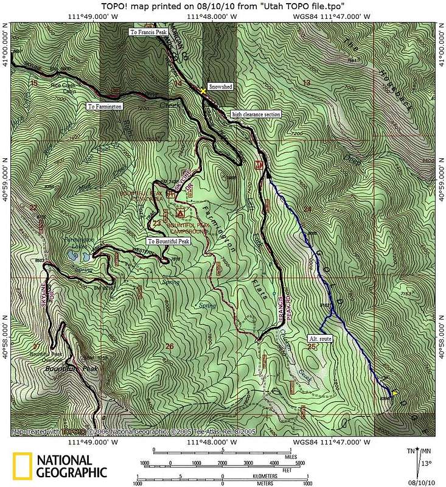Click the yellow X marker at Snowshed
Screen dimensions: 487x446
[203, 90]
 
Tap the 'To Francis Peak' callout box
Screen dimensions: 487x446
[147, 32]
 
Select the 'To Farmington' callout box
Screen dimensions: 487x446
[104, 106]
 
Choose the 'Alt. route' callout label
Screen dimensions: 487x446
[322, 338]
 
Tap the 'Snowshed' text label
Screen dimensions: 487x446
[218, 87]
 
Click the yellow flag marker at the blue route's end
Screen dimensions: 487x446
[395, 394]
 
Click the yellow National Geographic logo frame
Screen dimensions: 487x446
[23, 466]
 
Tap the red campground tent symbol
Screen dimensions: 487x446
[179, 214]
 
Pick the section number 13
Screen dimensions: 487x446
[307, 83]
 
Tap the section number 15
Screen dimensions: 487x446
[33, 83]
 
